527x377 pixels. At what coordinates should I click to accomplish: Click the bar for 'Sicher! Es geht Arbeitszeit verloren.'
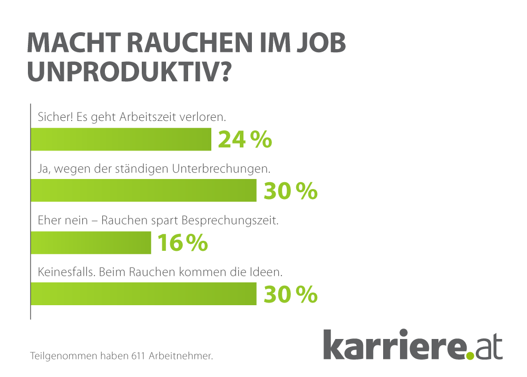[x=121, y=140]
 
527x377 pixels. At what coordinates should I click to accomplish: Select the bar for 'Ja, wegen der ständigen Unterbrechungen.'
[x=143, y=191]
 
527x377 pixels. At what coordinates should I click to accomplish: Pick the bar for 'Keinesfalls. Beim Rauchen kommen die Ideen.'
[x=143, y=294]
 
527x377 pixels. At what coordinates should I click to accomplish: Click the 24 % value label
[x=245, y=140]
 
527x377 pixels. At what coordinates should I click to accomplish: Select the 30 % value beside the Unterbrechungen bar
[x=290, y=191]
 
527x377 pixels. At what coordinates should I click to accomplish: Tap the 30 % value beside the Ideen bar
[x=290, y=294]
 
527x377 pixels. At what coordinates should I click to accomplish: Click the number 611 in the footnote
[x=137, y=356]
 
